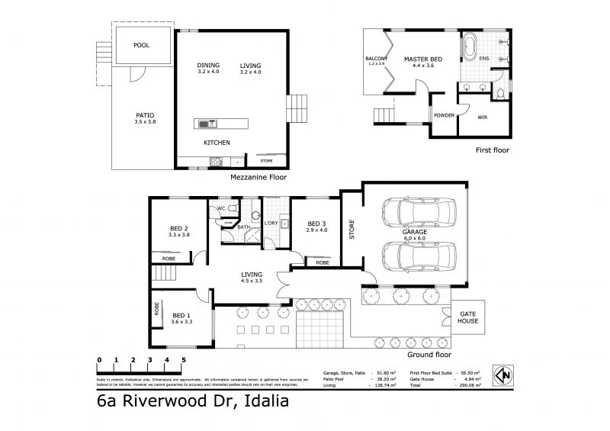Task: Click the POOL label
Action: tap(141, 45)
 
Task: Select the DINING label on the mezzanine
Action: tap(208, 65)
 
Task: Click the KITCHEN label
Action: tap(217, 143)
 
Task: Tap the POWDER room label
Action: tap(444, 115)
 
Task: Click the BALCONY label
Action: tap(377, 59)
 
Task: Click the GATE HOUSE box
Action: tap(468, 317)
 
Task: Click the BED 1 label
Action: tap(182, 315)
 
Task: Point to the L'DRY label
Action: tap(270, 223)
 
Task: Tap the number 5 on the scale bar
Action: tap(183, 359)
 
